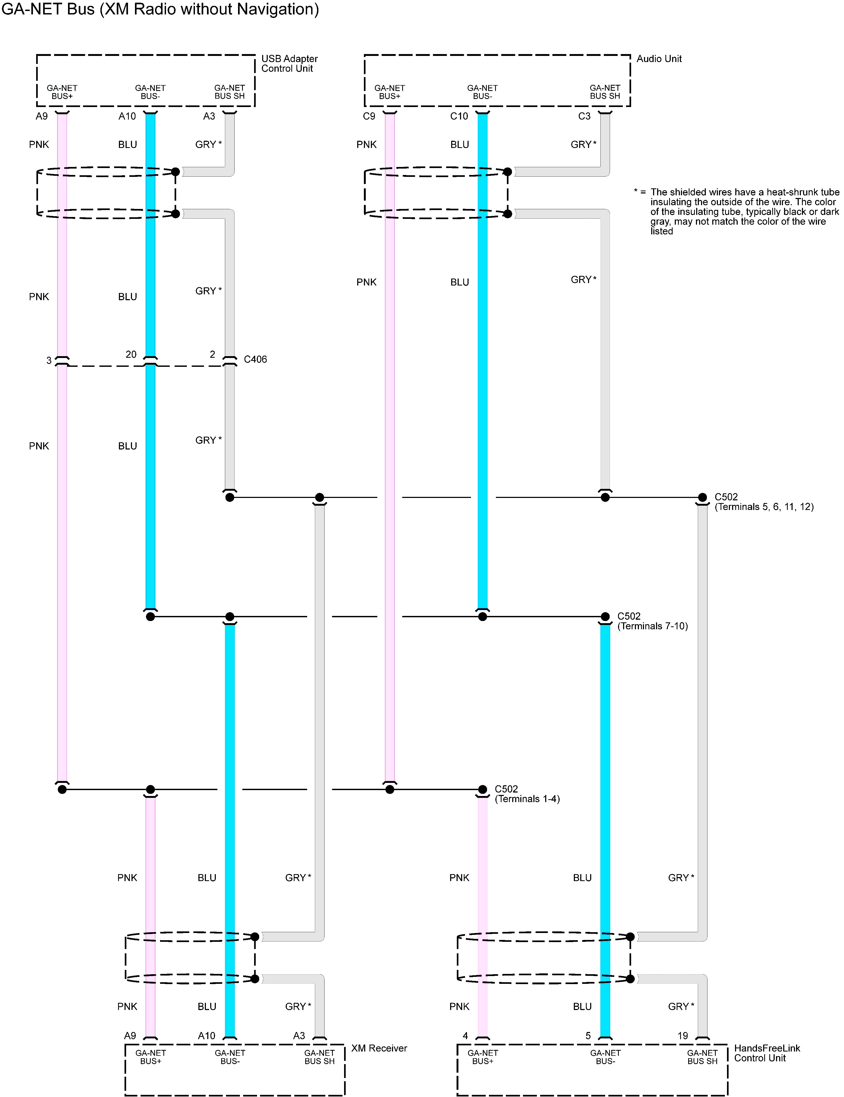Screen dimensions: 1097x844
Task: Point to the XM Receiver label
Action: pos(379,1048)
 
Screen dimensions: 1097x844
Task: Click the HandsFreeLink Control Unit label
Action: pos(767,1053)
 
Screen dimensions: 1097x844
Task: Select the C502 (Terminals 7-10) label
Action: pos(652,621)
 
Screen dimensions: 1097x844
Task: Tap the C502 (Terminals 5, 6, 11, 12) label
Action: pos(764,502)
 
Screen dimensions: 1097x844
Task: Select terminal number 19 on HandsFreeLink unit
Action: pos(682,1035)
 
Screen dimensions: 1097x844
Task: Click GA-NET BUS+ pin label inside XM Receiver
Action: pos(150,1057)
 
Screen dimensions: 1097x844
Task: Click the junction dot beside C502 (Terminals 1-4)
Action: pos(482,789)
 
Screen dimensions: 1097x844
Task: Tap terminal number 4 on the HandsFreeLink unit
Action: pos(465,1035)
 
